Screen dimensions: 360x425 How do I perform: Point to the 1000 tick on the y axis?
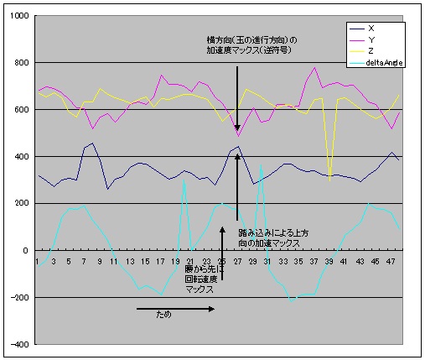[19, 17]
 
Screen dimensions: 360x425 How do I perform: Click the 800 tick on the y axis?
[21, 64]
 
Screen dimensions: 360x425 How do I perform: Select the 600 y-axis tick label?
[21, 110]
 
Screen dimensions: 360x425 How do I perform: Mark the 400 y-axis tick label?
[21, 157]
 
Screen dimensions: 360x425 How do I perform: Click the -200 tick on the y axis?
[19, 298]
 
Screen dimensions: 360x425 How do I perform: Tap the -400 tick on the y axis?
[19, 344]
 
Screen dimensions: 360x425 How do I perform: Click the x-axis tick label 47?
[392, 261]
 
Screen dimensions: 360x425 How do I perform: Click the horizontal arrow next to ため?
[175, 309]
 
